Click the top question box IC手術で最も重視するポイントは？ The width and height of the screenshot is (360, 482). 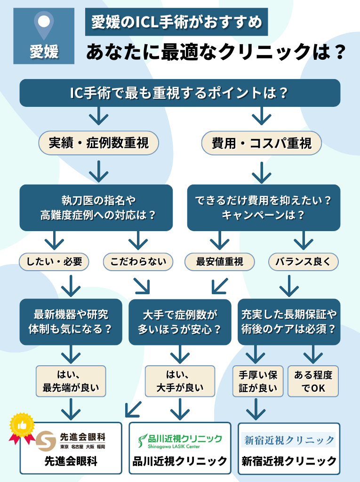tap(179, 93)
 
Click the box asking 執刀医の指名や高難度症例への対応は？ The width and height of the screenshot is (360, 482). tap(96, 208)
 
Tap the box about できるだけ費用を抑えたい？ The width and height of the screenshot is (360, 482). tap(264, 208)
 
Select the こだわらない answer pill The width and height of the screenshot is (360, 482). tap(138, 262)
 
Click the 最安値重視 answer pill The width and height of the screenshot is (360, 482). tap(220, 262)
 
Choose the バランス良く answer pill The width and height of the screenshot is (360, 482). tap(303, 262)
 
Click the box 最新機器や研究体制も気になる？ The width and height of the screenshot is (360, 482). tap(71, 322)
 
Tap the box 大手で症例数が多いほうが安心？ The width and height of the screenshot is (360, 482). tap(180, 322)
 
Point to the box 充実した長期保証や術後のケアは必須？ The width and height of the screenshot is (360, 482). tap(289, 322)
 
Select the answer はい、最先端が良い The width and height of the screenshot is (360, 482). tap(71, 382)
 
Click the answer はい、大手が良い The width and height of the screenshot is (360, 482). tap(180, 382)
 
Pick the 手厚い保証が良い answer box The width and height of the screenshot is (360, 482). tap(258, 382)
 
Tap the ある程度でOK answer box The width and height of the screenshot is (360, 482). tap(313, 382)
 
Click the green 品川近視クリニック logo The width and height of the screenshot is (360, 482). tap(180, 441)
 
